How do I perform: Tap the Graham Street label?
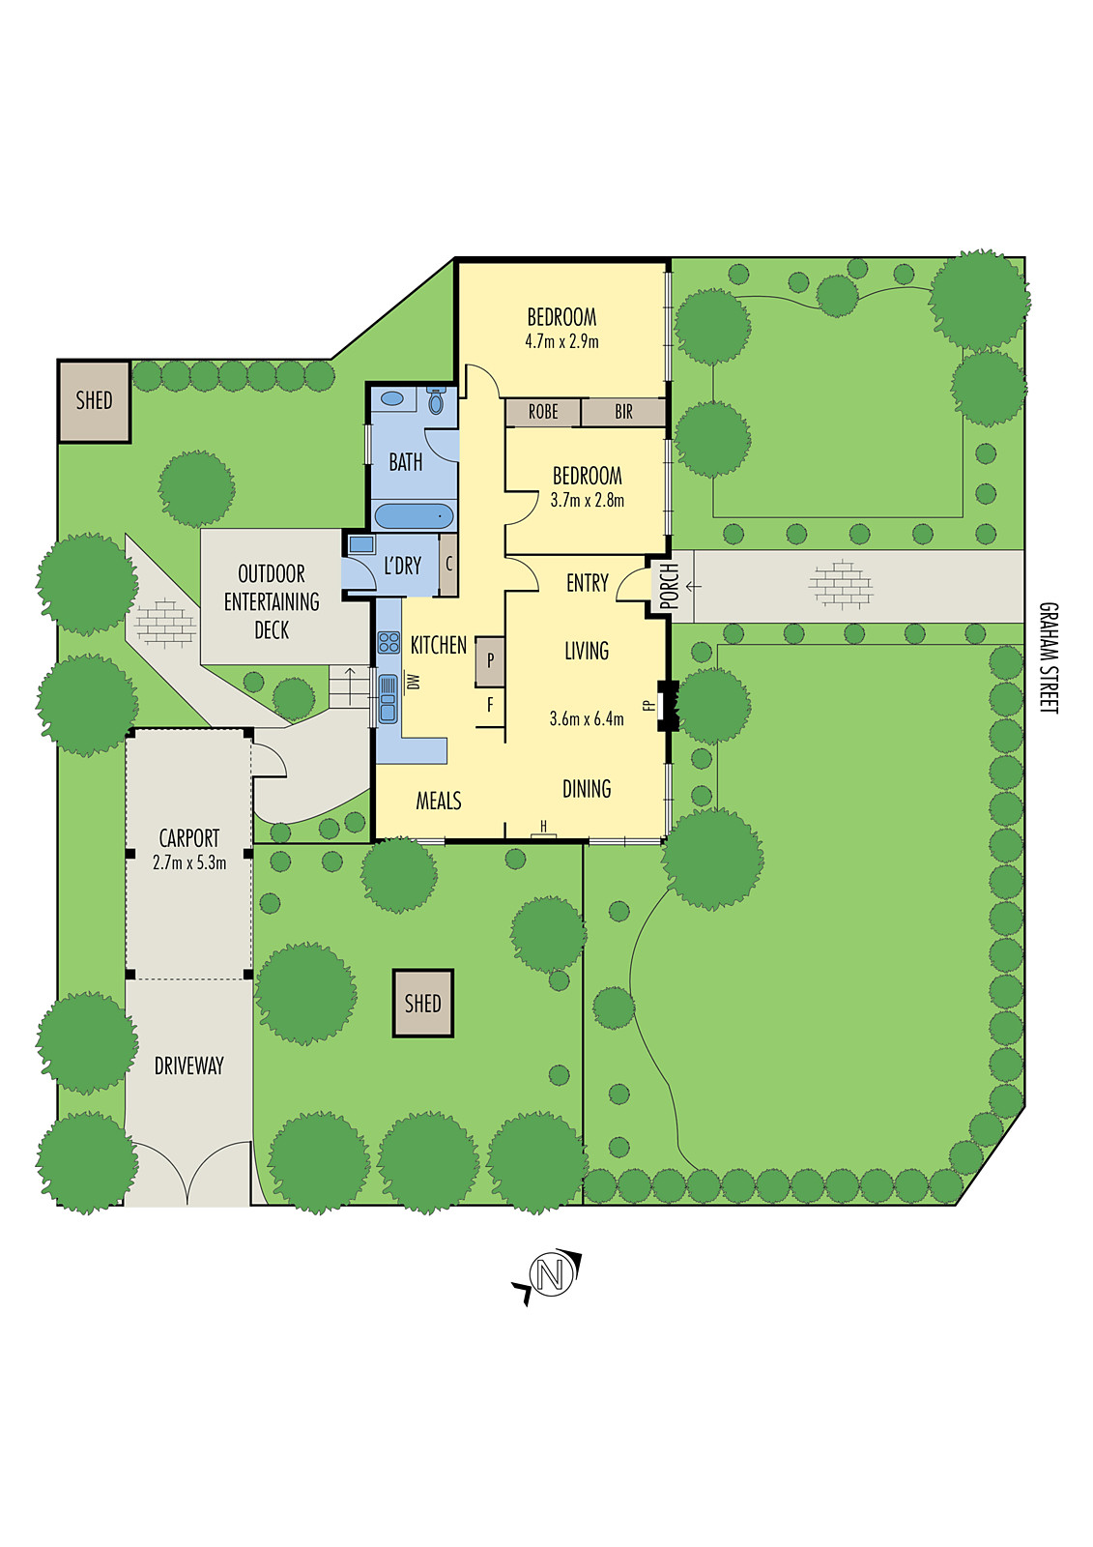[1048, 657]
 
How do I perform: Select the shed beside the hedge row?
[94, 401]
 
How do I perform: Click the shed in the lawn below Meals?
[422, 1004]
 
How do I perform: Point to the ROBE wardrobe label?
[542, 412]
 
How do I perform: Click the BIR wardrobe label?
[623, 412]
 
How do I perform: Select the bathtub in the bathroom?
[413, 515]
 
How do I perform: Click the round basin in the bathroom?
[392, 397]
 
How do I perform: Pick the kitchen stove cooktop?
[388, 642]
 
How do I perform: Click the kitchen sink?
[388, 698]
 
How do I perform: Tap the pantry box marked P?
[490, 661]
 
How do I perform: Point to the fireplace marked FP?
[665, 705]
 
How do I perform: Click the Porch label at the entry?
[669, 586]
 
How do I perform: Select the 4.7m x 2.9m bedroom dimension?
[561, 341]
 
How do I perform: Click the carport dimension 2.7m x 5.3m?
[189, 862]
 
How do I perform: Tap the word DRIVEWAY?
[189, 1065]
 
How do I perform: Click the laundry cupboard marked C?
[448, 565]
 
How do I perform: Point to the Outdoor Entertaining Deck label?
[272, 601]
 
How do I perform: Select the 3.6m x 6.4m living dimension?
[587, 718]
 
